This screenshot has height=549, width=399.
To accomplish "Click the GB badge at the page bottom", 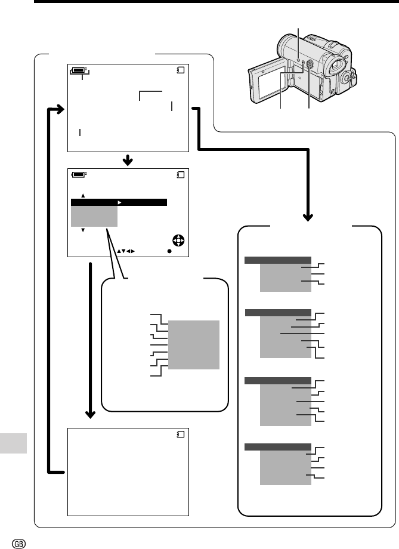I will point(10,542).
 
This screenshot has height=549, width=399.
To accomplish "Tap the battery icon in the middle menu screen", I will point(78,175).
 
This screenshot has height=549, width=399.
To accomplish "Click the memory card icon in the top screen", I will point(181,70).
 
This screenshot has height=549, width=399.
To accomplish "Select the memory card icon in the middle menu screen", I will point(181,175).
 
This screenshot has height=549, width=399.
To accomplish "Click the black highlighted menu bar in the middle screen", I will point(119,203).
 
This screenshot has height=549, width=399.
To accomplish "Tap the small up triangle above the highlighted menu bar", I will point(83,195).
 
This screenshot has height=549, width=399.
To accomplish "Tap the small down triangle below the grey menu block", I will point(83,230).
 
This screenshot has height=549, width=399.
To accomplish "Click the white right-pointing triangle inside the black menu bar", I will point(120,203).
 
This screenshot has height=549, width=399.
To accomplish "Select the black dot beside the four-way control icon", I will point(169,251).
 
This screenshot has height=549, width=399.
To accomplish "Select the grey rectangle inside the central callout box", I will point(194,344).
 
